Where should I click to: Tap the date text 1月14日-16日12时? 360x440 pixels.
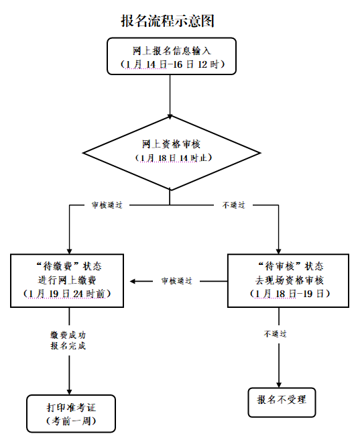pos(172,64)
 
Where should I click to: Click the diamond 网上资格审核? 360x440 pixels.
pos(170,152)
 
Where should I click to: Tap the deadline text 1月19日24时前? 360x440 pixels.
pos(67,294)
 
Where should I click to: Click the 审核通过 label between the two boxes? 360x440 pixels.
pos(176,281)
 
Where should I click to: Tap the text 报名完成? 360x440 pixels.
pos(68,346)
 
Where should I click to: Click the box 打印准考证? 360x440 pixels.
pos(71,413)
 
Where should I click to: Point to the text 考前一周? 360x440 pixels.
pos(72,421)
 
